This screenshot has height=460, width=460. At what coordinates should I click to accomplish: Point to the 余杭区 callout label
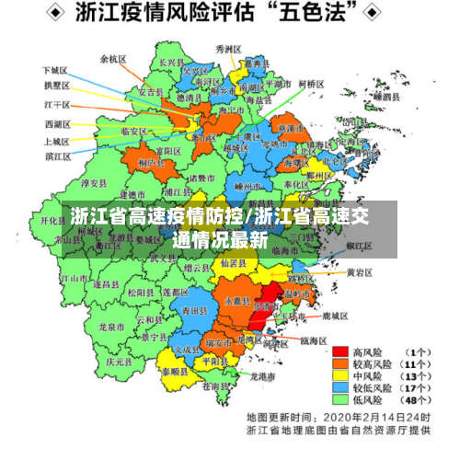113,58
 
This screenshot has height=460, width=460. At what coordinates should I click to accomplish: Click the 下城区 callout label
55,70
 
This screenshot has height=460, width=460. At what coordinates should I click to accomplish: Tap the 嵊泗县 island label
385,96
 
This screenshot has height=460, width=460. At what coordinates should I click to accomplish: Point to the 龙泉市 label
111,327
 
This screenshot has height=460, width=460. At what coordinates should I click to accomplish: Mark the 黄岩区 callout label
359,272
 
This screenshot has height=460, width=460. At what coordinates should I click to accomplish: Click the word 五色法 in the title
310,15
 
